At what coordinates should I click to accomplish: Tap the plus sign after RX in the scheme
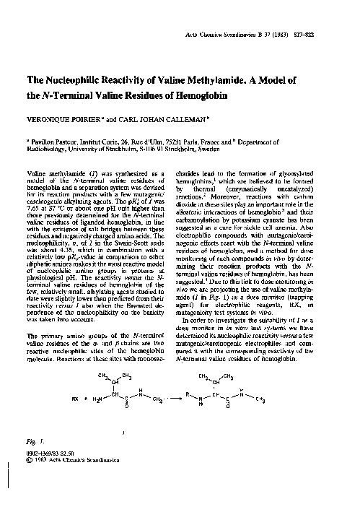[86, 396]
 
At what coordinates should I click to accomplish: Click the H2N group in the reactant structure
[100, 396]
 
